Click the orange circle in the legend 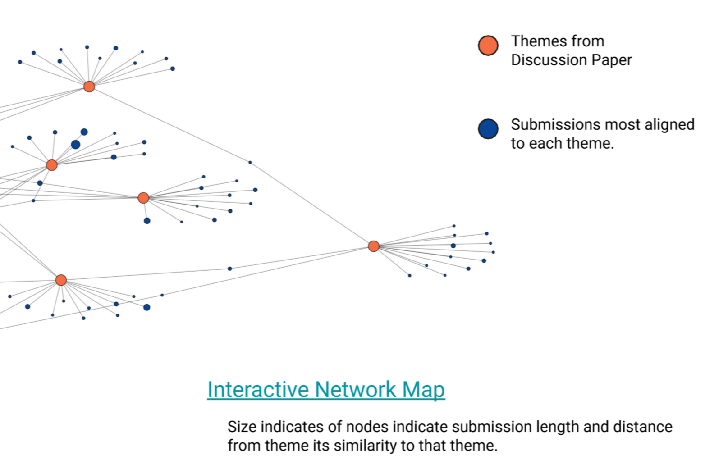click(488, 46)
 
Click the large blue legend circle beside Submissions click(488, 129)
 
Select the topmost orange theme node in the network click(89, 87)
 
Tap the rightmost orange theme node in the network click(374, 246)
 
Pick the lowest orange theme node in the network click(61, 280)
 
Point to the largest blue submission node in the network click(76, 145)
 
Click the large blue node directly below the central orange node click(147, 221)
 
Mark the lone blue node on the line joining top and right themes click(250, 162)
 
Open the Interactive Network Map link click(326, 390)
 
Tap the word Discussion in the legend click(549, 60)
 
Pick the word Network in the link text click(355, 390)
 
